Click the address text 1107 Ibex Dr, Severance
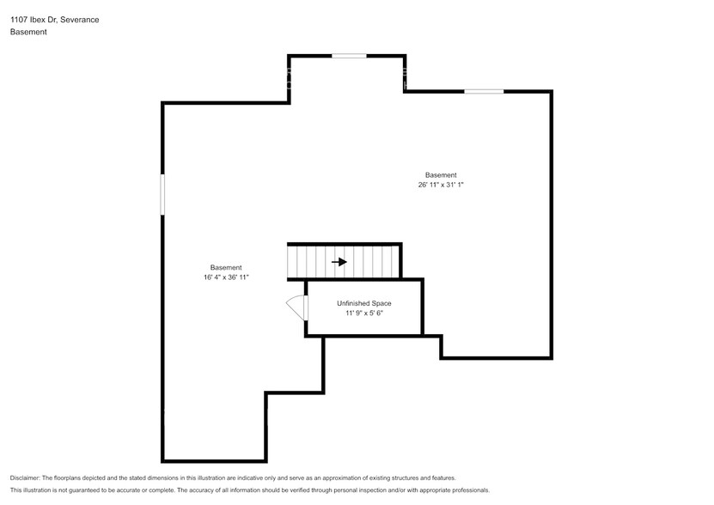(54, 19)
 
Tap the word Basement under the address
(28, 32)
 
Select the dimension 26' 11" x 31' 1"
(441, 185)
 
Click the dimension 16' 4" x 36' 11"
(226, 277)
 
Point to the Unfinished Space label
(363, 303)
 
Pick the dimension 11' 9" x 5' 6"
(363, 313)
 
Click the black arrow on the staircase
(339, 262)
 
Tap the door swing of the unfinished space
(295, 307)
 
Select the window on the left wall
(162, 195)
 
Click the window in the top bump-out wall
(349, 56)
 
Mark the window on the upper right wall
(484, 91)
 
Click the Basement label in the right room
(441, 174)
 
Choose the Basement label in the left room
(226, 267)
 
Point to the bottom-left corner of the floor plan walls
(162, 460)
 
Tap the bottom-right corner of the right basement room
(551, 358)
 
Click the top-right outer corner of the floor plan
(551, 91)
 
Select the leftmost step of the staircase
(292, 262)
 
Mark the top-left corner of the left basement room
(162, 103)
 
